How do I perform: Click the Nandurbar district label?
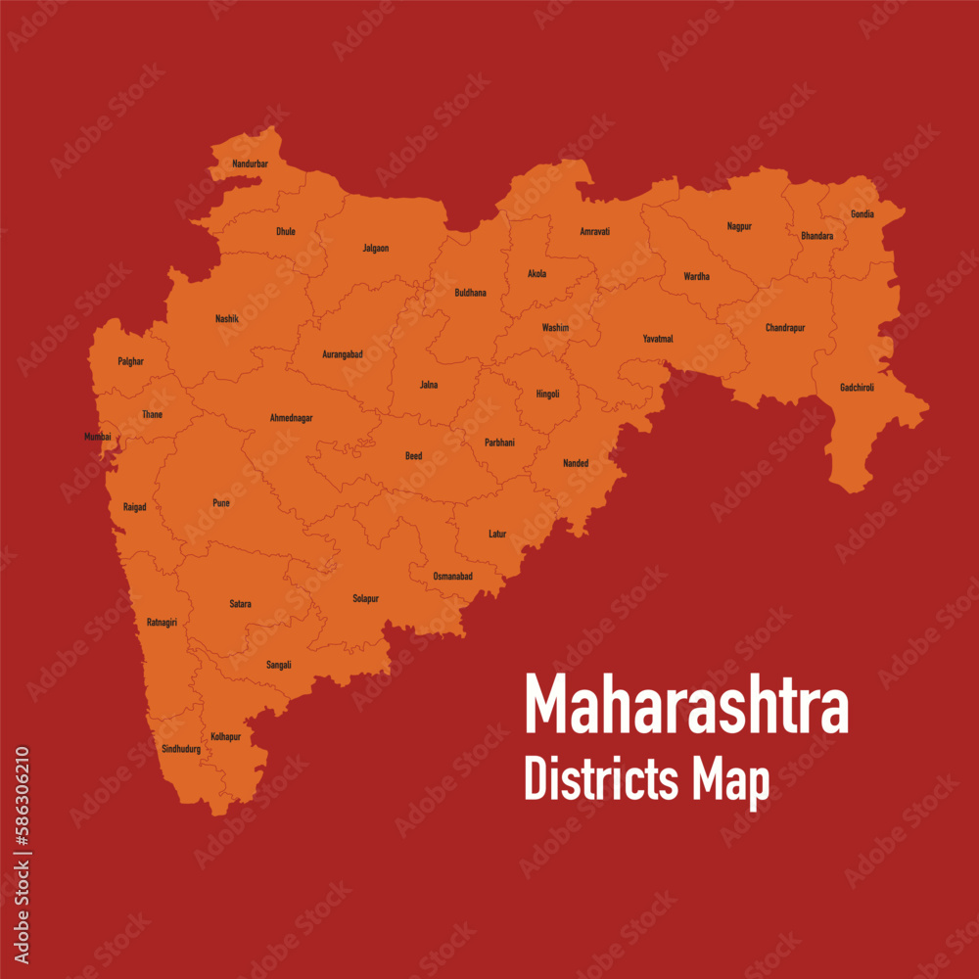coord(250,163)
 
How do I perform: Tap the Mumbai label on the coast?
coord(98,437)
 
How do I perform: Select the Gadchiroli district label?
coord(857,388)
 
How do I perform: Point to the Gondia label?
coord(862,214)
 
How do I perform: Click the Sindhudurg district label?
coord(181,749)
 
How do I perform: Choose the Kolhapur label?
coord(225,736)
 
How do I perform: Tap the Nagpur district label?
coord(739,226)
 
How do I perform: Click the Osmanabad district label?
coord(452,577)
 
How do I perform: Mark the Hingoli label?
coord(547,394)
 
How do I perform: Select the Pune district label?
coord(221,503)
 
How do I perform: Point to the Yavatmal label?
coord(658,339)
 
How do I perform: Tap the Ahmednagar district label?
coord(291,418)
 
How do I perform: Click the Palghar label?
coord(130,361)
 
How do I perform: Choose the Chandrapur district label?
coord(785,328)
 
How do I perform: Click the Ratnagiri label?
coord(162,622)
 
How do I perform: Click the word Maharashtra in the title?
coord(686,705)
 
